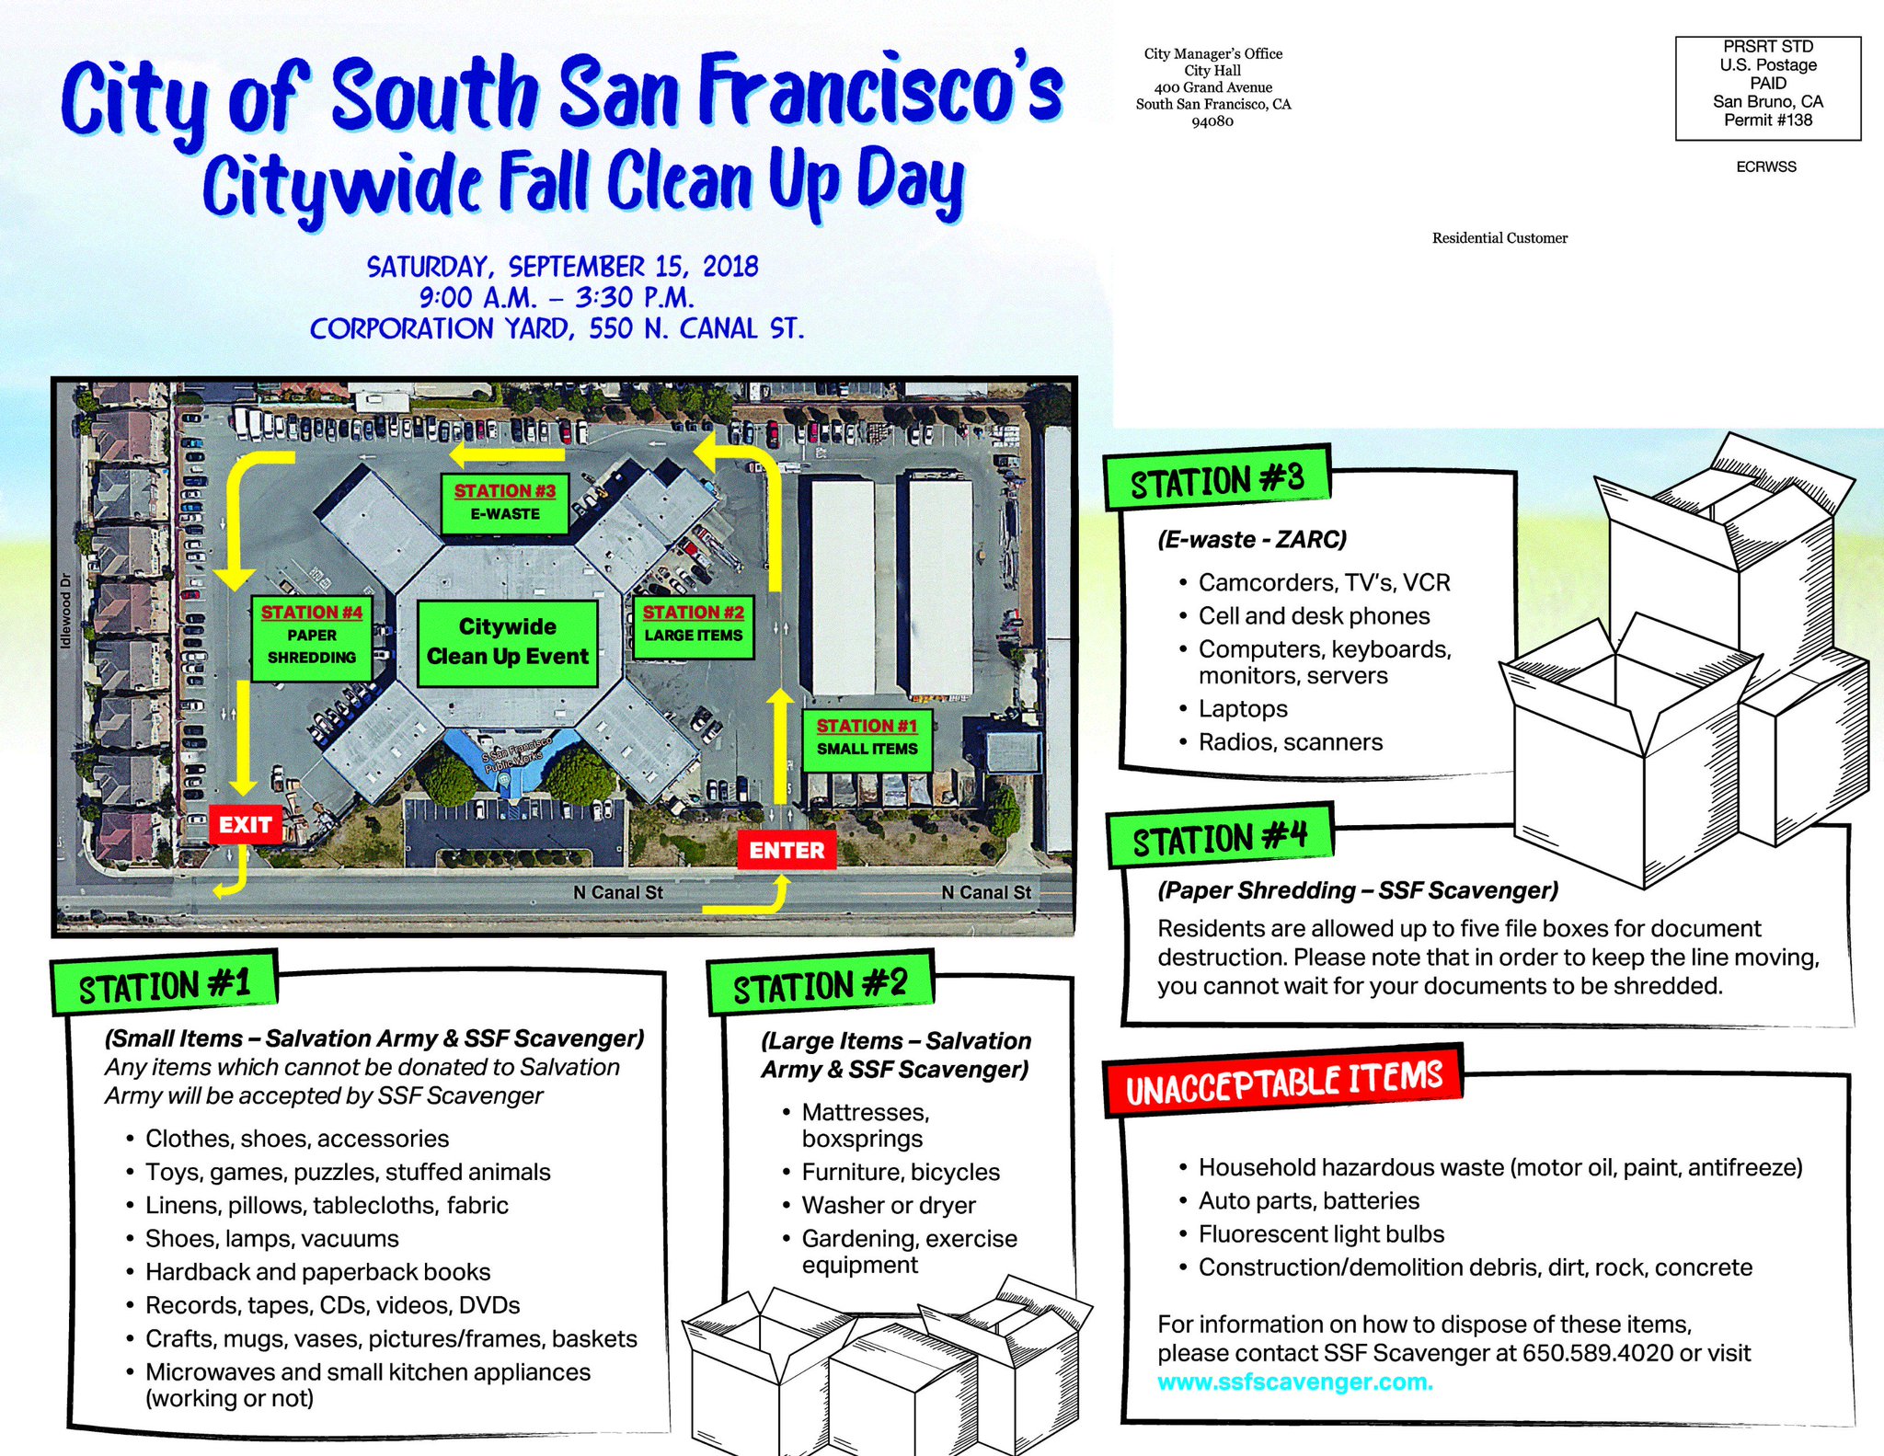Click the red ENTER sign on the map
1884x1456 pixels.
point(787,850)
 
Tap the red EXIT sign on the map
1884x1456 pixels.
point(245,824)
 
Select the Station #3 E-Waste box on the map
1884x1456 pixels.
point(505,503)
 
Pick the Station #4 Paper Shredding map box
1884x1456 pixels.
point(312,636)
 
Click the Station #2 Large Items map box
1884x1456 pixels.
point(694,625)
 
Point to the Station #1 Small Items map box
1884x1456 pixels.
point(867,739)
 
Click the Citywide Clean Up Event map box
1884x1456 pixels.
point(507,642)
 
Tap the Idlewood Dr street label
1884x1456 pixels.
point(64,611)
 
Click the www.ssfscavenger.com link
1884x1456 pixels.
point(1294,1381)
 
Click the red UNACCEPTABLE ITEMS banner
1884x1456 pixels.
point(1283,1083)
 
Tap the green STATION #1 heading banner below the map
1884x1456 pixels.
point(165,985)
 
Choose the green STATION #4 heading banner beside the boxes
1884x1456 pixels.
point(1220,838)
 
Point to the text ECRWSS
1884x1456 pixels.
point(1765,167)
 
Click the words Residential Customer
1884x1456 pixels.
point(1499,238)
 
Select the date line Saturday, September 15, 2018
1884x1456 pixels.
point(562,267)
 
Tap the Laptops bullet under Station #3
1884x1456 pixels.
point(1242,709)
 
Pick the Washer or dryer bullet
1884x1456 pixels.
point(888,1206)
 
